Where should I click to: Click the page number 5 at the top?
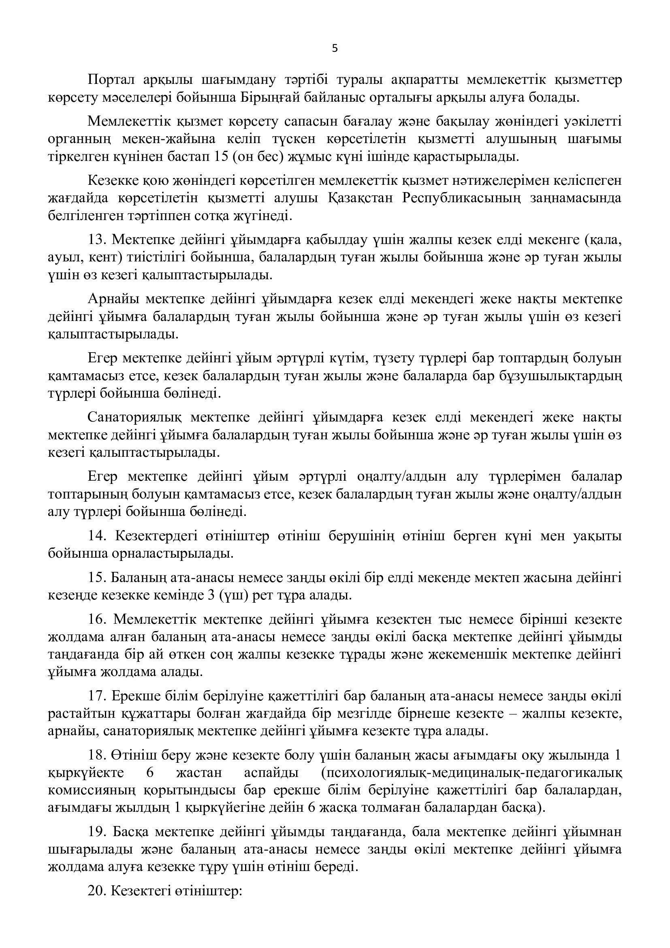point(335,49)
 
